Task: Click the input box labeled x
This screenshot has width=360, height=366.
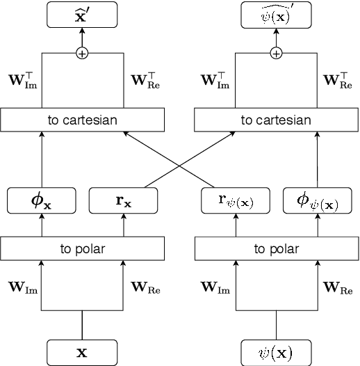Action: tap(83, 352)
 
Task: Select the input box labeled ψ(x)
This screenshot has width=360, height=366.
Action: tap(277, 352)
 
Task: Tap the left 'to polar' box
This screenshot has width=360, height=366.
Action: tap(83, 248)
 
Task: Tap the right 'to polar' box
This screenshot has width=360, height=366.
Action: tap(277, 248)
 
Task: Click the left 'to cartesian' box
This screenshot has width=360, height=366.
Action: tap(83, 120)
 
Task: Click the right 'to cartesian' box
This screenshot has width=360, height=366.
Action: tap(277, 120)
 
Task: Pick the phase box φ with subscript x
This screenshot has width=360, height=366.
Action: tap(41, 201)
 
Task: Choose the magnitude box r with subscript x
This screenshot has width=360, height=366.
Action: tap(124, 201)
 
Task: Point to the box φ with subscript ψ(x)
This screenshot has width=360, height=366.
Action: tap(318, 201)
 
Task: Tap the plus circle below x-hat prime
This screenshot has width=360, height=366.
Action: tap(83, 52)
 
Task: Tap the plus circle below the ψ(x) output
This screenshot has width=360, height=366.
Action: tap(277, 52)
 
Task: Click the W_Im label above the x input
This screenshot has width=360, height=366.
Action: tap(22, 286)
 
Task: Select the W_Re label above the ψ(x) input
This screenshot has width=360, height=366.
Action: tap(338, 286)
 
